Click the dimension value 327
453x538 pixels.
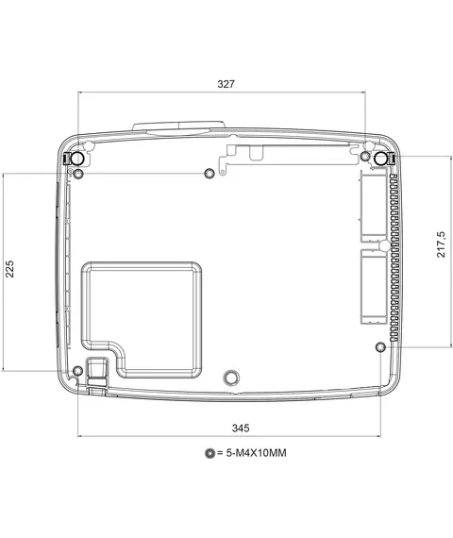coord(226,84)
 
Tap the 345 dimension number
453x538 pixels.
coord(241,428)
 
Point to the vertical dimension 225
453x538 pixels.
coord(10,269)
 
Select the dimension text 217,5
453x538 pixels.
coord(441,244)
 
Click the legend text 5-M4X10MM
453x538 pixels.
coord(256,453)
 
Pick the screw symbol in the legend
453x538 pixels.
coord(210,453)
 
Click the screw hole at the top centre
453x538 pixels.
coord(210,174)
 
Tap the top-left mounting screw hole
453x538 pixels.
coord(78,174)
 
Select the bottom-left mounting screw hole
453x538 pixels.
coord(78,371)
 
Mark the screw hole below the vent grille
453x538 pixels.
coord(380,347)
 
